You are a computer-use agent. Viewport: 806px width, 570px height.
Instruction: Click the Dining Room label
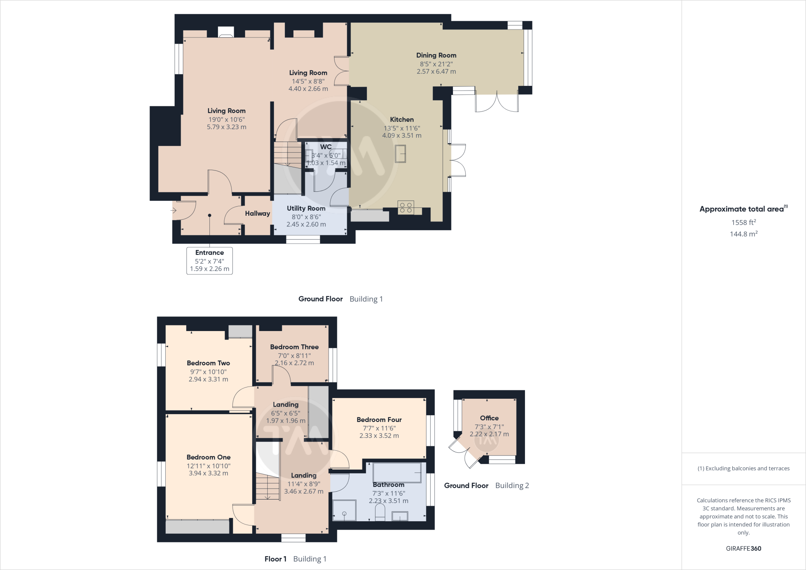pos(436,56)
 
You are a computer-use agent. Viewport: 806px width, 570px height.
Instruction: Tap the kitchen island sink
pos(401,154)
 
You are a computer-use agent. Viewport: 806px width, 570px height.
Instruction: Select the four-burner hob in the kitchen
pos(406,207)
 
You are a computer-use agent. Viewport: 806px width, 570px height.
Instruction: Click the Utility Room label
pos(306,209)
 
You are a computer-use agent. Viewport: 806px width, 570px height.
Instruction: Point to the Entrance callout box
pos(209,261)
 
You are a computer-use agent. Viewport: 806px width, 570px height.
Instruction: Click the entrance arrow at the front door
pos(173,211)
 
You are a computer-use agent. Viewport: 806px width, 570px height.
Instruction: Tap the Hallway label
pos(257,213)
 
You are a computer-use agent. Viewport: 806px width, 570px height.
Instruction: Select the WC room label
pos(326,147)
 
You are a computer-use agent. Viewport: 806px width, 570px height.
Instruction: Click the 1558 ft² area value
pos(743,222)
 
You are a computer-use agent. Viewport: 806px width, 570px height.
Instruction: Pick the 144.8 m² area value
pos(743,234)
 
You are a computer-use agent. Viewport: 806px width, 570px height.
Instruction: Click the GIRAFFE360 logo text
pos(743,548)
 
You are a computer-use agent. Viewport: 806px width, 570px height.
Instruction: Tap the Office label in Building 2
pos(489,418)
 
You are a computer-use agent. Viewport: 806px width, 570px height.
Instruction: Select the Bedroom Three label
pos(294,347)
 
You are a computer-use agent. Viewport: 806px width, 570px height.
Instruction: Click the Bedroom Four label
pos(379,420)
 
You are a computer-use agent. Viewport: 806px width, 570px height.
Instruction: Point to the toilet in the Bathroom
pos(380,513)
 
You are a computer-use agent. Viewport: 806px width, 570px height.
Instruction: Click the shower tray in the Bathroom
pos(344,511)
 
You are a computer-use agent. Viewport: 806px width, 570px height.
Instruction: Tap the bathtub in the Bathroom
pos(397,472)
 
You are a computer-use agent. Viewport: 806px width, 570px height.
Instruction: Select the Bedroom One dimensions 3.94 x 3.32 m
pos(208,473)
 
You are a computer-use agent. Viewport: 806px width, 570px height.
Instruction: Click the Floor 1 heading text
pos(275,559)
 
